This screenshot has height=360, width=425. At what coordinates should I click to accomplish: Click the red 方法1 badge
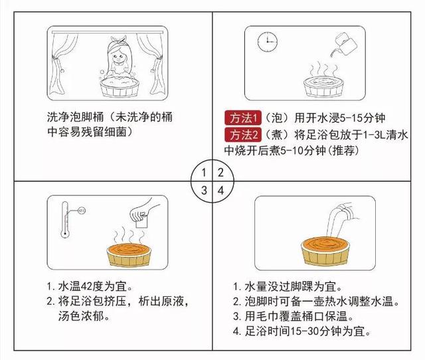coord(243,118)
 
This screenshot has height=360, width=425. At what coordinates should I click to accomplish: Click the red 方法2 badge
coord(243,134)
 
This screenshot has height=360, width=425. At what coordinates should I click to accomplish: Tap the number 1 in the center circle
coord(204,173)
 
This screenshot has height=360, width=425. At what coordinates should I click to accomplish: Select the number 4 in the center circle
coord(221,191)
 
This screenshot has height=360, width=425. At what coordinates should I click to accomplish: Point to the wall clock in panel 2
coord(267,42)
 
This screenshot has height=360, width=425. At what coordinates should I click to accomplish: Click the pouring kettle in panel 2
coord(343,45)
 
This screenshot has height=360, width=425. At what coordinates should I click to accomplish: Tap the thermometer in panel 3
coord(65,220)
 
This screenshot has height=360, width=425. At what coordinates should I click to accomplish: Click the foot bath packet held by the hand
coord(141,223)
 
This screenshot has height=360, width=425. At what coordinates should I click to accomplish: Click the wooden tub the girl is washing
coord(120,87)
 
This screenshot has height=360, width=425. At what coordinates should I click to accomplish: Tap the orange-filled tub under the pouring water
coord(325,251)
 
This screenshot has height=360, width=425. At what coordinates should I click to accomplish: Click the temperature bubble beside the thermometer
coord(82,211)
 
